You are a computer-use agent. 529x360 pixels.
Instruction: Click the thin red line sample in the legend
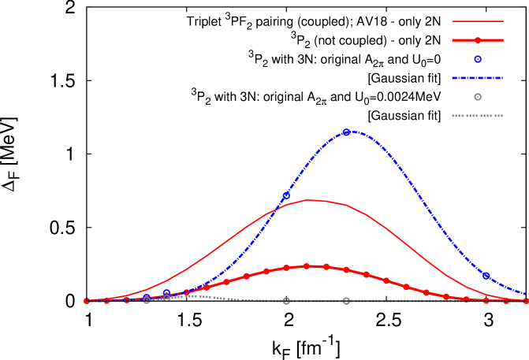coord(477,21)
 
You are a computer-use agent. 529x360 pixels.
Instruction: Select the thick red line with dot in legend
coord(478,40)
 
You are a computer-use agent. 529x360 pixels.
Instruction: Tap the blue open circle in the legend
coord(478,59)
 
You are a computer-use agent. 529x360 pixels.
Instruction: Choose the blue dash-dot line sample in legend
coord(477,78)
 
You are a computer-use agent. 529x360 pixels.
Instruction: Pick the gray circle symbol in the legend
coord(478,97)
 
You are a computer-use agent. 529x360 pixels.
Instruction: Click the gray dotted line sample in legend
coord(477,116)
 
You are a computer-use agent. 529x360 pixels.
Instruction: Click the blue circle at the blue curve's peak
coord(346,132)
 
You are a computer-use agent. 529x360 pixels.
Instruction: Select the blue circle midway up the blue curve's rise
coord(286,195)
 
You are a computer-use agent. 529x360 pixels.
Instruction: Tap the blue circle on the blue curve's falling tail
coord(486,276)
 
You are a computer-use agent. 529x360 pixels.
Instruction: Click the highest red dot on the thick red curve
coord(307,266)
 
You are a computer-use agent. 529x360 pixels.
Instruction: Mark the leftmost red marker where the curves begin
coord(87,301)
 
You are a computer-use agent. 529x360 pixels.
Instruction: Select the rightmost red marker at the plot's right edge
coord(526,300)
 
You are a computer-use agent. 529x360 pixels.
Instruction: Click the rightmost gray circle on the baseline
coord(346,301)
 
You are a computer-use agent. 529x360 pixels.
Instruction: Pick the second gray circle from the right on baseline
coord(286,301)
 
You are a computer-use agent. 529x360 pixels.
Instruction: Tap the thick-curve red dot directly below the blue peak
coord(346,270)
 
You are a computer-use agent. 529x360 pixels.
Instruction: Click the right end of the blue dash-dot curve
coord(526,295)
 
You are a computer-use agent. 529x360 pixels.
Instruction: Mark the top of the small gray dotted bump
coord(189,295)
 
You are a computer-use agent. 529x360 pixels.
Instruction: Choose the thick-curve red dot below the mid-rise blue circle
coord(286,269)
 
